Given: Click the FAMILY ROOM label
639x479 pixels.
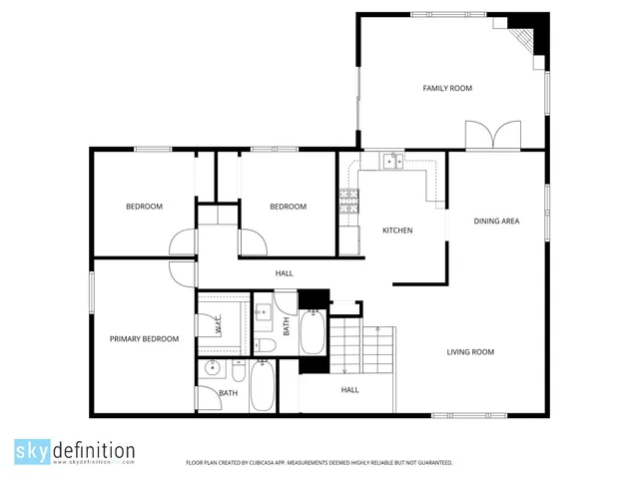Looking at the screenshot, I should [446, 89].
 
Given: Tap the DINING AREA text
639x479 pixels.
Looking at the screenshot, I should [495, 221].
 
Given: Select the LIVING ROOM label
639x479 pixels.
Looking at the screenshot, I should [469, 351].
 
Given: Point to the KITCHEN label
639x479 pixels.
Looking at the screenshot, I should [397, 231].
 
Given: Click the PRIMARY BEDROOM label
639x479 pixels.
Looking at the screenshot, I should [144, 339].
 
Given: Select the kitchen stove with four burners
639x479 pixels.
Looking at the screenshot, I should [348, 203].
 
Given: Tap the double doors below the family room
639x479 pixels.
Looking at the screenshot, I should [492, 135].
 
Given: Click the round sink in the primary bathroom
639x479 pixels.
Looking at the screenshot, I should [212, 369].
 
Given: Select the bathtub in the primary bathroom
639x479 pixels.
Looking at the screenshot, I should [263, 387].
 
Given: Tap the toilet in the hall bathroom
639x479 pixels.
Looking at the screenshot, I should [266, 345].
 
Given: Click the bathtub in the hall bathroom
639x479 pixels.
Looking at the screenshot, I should [314, 332].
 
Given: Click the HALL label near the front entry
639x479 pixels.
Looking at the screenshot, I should [349, 390].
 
